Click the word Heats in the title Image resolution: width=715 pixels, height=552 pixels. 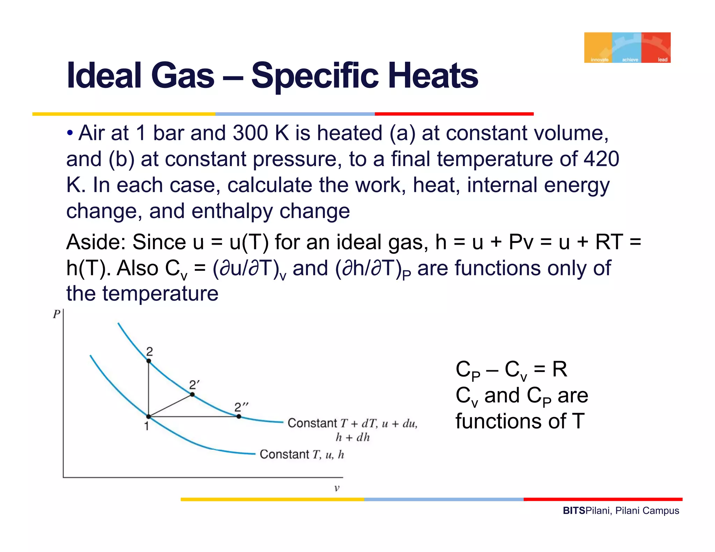tap(433, 76)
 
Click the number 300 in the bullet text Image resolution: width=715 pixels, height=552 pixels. tap(250, 133)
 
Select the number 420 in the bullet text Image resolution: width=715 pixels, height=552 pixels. tap(602, 159)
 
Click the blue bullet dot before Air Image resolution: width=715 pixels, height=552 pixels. tap(70, 133)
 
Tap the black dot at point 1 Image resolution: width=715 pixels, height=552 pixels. tap(148, 417)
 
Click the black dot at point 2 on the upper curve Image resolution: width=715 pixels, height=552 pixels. tap(149, 361)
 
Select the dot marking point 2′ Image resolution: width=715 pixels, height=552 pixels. tap(192, 395)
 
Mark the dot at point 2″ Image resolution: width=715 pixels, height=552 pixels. tap(238, 417)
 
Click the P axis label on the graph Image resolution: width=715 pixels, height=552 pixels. tap(57, 314)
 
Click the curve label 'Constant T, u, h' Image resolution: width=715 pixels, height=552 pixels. tap(302, 454)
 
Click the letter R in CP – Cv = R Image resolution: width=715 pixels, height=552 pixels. tap(559, 370)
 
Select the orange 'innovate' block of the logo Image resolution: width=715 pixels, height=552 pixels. tap(598, 47)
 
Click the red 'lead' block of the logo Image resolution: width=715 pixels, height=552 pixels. tap(656, 47)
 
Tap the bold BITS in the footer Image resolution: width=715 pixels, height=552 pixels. tap(574, 511)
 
